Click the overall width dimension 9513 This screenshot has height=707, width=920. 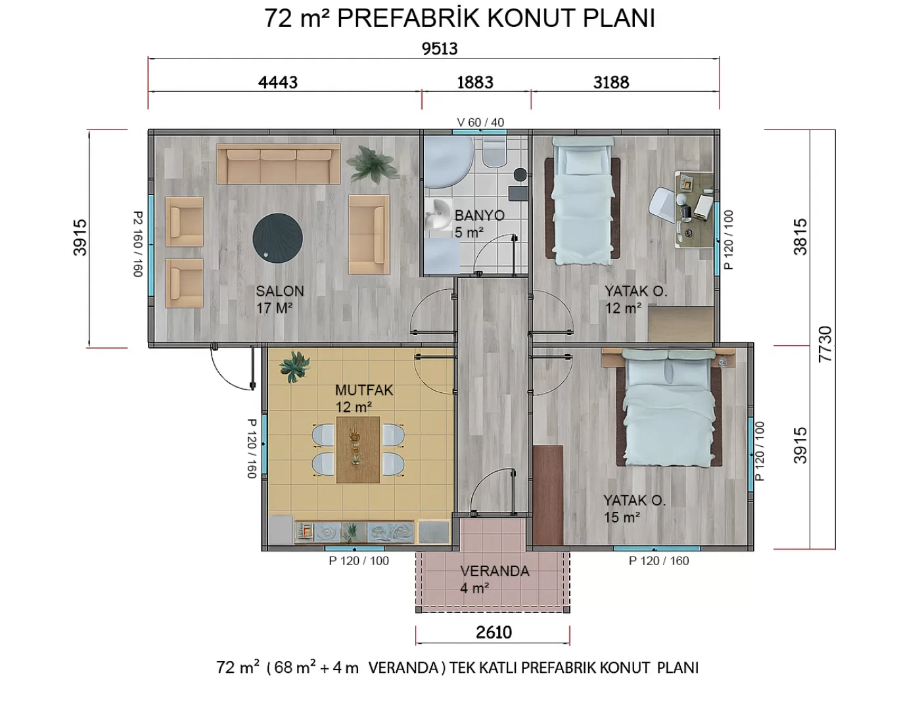440,49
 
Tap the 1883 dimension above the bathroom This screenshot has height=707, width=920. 475,82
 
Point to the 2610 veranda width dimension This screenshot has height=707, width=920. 494,633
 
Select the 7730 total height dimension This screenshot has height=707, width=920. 825,344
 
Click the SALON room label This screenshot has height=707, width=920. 280,291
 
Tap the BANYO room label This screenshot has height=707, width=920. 479,216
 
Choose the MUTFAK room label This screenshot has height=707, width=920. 364,390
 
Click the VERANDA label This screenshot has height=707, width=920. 495,571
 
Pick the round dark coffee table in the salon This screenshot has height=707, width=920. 278,238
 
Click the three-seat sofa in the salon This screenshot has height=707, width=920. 279,164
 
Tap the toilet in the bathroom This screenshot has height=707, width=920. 494,151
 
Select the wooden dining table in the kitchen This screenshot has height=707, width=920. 357,450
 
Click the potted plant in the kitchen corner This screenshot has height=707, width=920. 294,367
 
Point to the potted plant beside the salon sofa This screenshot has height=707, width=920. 372,164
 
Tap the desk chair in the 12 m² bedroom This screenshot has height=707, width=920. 664,205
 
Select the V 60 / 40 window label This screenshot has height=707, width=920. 480,122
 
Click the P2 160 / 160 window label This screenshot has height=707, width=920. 138,244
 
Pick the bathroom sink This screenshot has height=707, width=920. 438,214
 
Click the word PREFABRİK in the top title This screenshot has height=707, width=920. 408,18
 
